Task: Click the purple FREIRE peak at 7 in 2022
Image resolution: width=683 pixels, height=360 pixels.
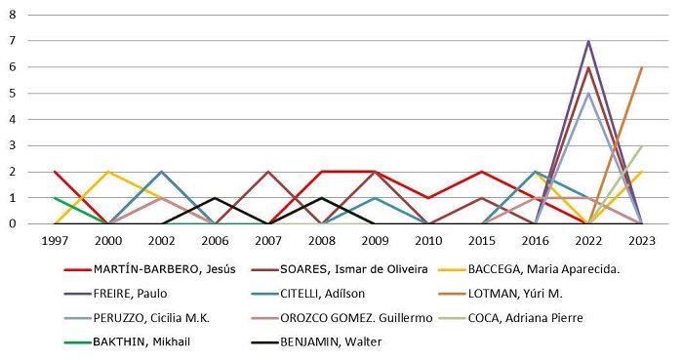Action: [x=587, y=41]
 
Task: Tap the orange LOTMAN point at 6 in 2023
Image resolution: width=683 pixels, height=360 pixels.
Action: [x=641, y=67]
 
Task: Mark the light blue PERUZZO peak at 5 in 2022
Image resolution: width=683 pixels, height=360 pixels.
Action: [x=587, y=94]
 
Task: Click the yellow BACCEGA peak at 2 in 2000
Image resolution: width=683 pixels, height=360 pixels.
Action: [x=108, y=172]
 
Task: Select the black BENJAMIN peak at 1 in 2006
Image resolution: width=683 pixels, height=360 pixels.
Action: [x=215, y=198]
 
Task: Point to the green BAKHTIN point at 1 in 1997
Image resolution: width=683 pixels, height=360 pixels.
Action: [x=55, y=198]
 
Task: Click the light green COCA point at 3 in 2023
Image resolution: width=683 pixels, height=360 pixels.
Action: [x=641, y=145]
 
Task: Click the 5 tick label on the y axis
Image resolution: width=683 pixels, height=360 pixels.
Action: [x=12, y=94]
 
